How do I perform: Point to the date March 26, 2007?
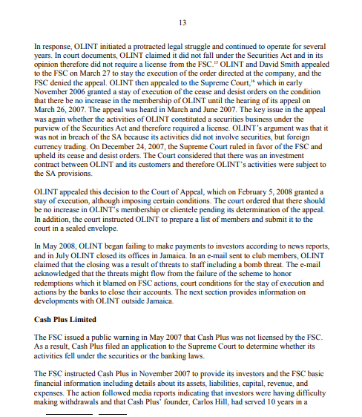[62, 120]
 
